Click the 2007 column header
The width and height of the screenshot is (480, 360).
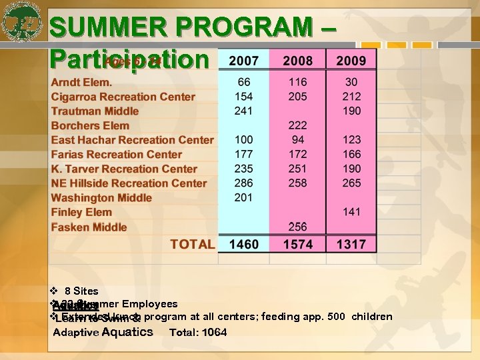pos(244,61)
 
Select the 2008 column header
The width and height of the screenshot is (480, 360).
pos(297,61)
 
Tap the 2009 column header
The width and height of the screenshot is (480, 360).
pos(351,61)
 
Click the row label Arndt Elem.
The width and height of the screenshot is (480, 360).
pos(81,82)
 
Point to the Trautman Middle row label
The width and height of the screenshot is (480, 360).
pos(95,111)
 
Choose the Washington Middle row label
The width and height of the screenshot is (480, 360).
pos(101,198)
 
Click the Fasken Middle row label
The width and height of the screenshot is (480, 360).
pos(89,227)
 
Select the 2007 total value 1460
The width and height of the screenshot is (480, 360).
pos(244,244)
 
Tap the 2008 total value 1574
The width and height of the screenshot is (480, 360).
pos(297,244)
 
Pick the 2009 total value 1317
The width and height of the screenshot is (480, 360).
pos(351,244)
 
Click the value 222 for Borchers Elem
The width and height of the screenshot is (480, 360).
pos(297,125)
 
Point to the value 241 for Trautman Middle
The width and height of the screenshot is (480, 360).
pos(244,111)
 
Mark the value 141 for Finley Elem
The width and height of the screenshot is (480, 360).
pos(351,212)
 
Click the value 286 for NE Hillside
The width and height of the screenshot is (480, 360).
pos(244,183)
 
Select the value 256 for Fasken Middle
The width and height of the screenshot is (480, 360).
pos(297,227)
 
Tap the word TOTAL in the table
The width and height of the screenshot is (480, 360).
pos(193,244)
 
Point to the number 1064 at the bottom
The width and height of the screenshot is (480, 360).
pos(215,332)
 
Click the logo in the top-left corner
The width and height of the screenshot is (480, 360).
pos(22,22)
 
